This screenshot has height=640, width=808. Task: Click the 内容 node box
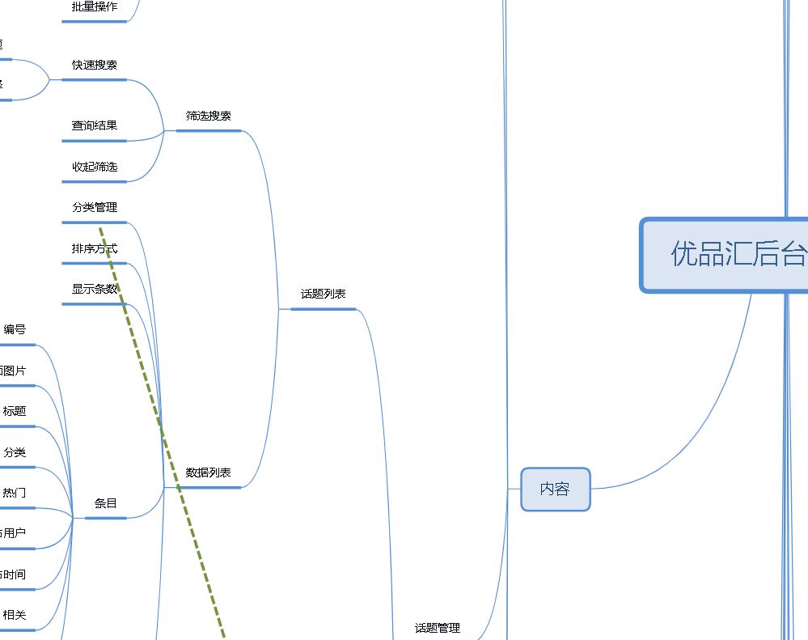(555, 489)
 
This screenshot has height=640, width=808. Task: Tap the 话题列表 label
(324, 294)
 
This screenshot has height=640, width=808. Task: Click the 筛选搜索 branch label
(208, 116)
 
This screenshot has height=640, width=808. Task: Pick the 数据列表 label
(208, 473)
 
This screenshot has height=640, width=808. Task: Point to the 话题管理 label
(437, 628)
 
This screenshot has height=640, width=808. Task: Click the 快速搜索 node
(95, 65)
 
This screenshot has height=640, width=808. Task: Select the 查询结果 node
(95, 125)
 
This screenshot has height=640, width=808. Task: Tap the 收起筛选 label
(95, 167)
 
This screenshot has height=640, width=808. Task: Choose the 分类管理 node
(95, 207)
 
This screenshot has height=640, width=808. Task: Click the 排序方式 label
(95, 248)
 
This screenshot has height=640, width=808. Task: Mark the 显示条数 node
(95, 289)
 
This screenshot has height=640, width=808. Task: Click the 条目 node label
(106, 503)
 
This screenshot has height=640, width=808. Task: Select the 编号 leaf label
(15, 329)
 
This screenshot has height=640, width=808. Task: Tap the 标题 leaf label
(15, 411)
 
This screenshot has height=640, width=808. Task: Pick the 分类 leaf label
(15, 451)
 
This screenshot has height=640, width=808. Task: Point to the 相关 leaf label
(15, 615)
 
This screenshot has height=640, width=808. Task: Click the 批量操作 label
(95, 7)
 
